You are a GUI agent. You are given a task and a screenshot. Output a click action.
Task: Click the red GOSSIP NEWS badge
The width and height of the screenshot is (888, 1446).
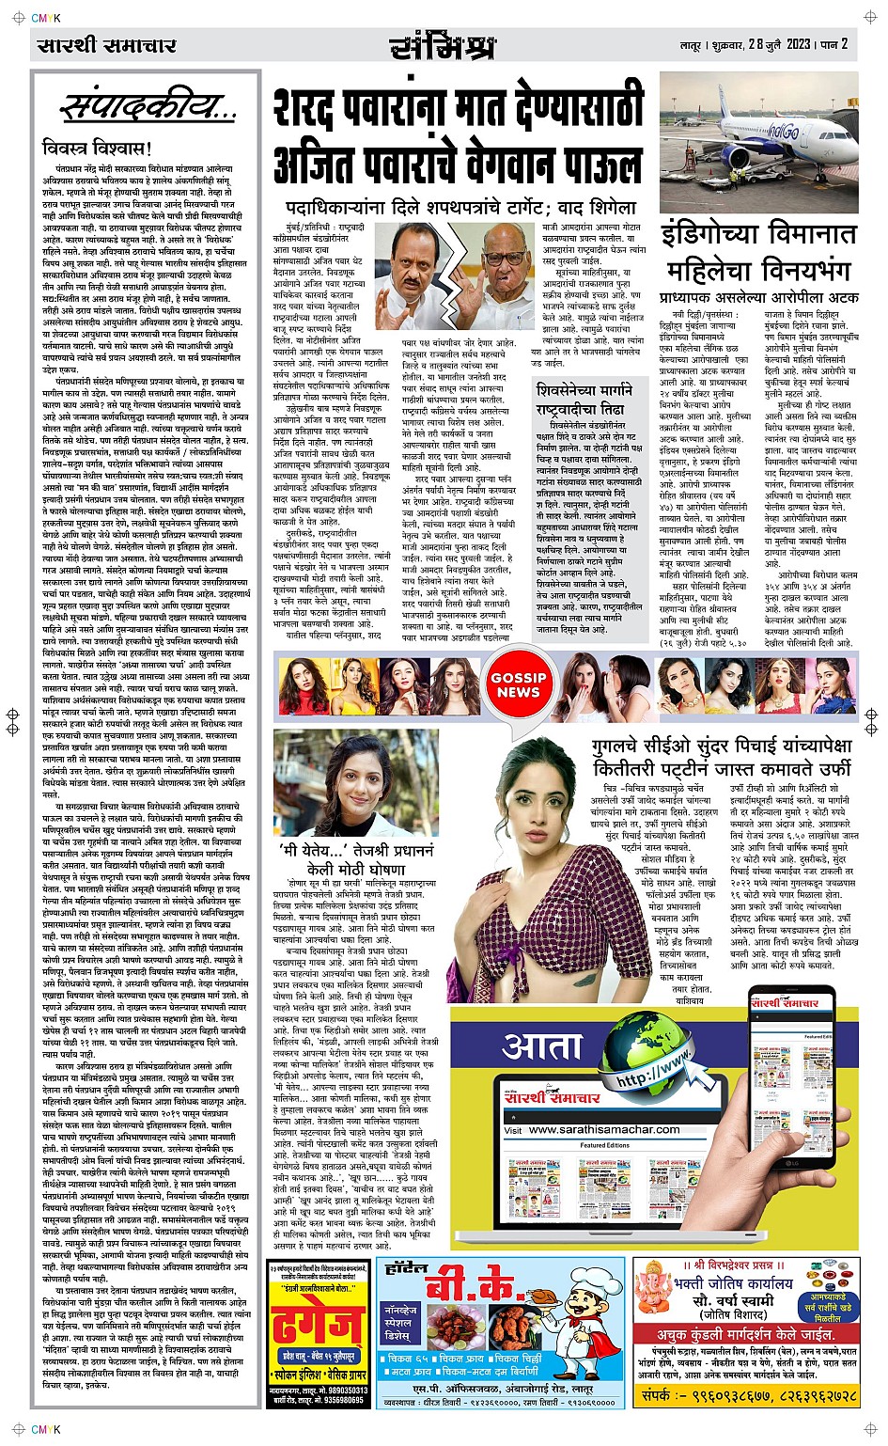pos(518,684)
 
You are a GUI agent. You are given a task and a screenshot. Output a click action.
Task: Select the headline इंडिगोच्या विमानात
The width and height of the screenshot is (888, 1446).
pos(759,234)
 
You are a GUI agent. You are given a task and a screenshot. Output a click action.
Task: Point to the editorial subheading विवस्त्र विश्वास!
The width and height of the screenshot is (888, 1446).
pos(97,149)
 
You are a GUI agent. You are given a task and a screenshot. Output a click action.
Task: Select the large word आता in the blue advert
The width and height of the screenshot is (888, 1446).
pos(543,1046)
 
